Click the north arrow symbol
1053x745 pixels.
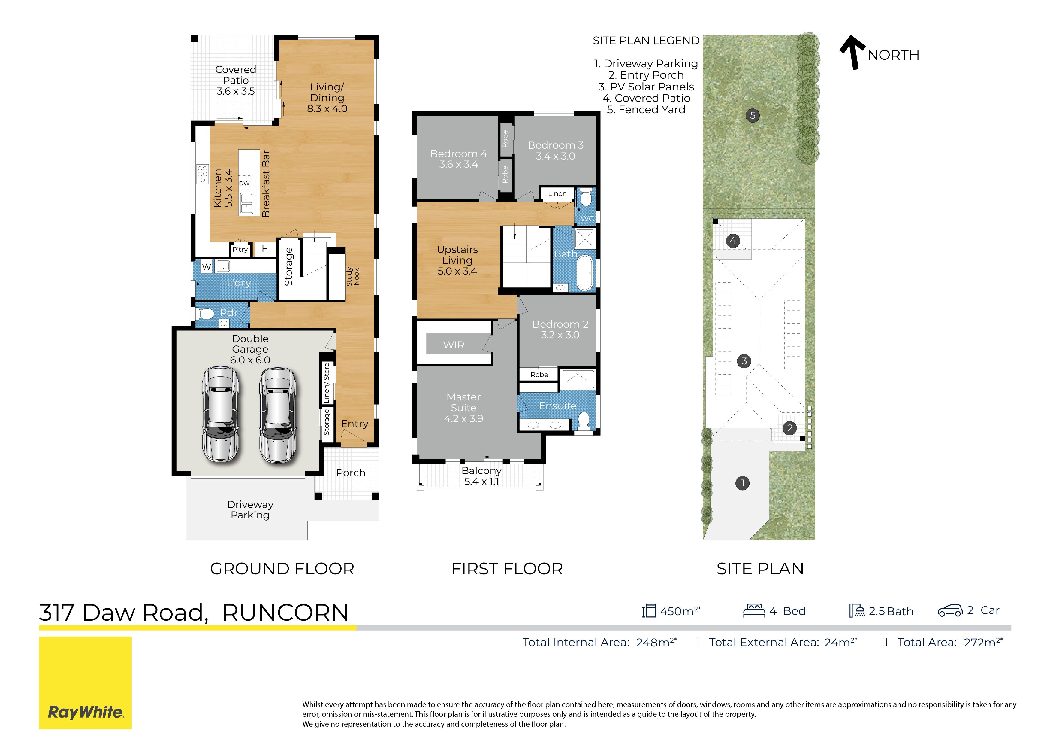[x=852, y=53]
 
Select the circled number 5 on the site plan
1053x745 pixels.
[x=752, y=115]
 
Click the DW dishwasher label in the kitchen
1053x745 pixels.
[x=244, y=183]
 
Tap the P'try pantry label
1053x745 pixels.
[x=240, y=249]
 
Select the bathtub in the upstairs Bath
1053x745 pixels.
[x=585, y=273]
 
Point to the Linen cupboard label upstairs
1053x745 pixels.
[x=557, y=194]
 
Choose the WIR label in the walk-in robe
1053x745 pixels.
[x=454, y=345]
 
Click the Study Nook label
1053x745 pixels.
[x=353, y=277]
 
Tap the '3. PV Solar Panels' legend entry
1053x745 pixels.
[x=646, y=87]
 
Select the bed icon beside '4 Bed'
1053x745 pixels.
[x=754, y=610]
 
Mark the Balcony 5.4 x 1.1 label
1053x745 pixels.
[x=481, y=476]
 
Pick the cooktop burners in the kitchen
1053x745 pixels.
[x=203, y=174]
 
